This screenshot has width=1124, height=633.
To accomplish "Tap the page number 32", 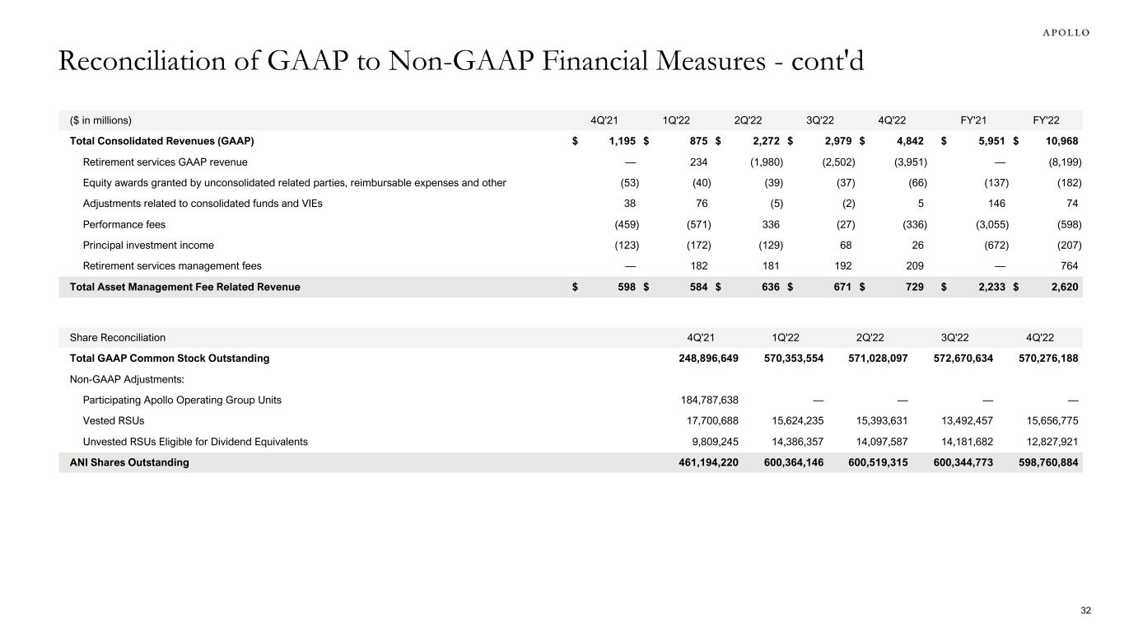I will click(x=1085, y=610).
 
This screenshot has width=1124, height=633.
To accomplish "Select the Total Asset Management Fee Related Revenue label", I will click(x=185, y=287).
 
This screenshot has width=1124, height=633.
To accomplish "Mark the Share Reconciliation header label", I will click(x=118, y=337).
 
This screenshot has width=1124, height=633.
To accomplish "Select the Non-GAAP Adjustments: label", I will click(x=120, y=379).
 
